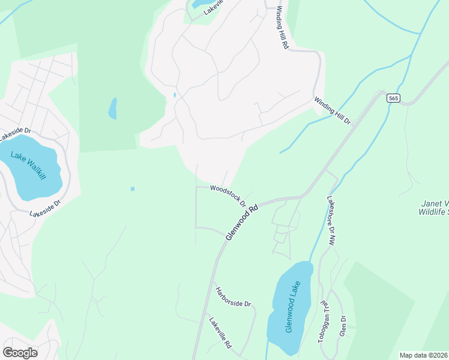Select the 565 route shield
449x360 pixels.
393,98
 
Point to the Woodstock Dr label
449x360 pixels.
228,195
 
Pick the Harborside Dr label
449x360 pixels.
233,295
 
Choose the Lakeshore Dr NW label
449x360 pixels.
331,220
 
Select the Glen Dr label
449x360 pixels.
343,326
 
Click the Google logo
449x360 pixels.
20,353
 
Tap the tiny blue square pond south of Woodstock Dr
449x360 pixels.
132,189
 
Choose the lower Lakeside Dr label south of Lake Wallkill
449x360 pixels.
46,209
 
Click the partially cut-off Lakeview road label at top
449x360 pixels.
212,7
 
